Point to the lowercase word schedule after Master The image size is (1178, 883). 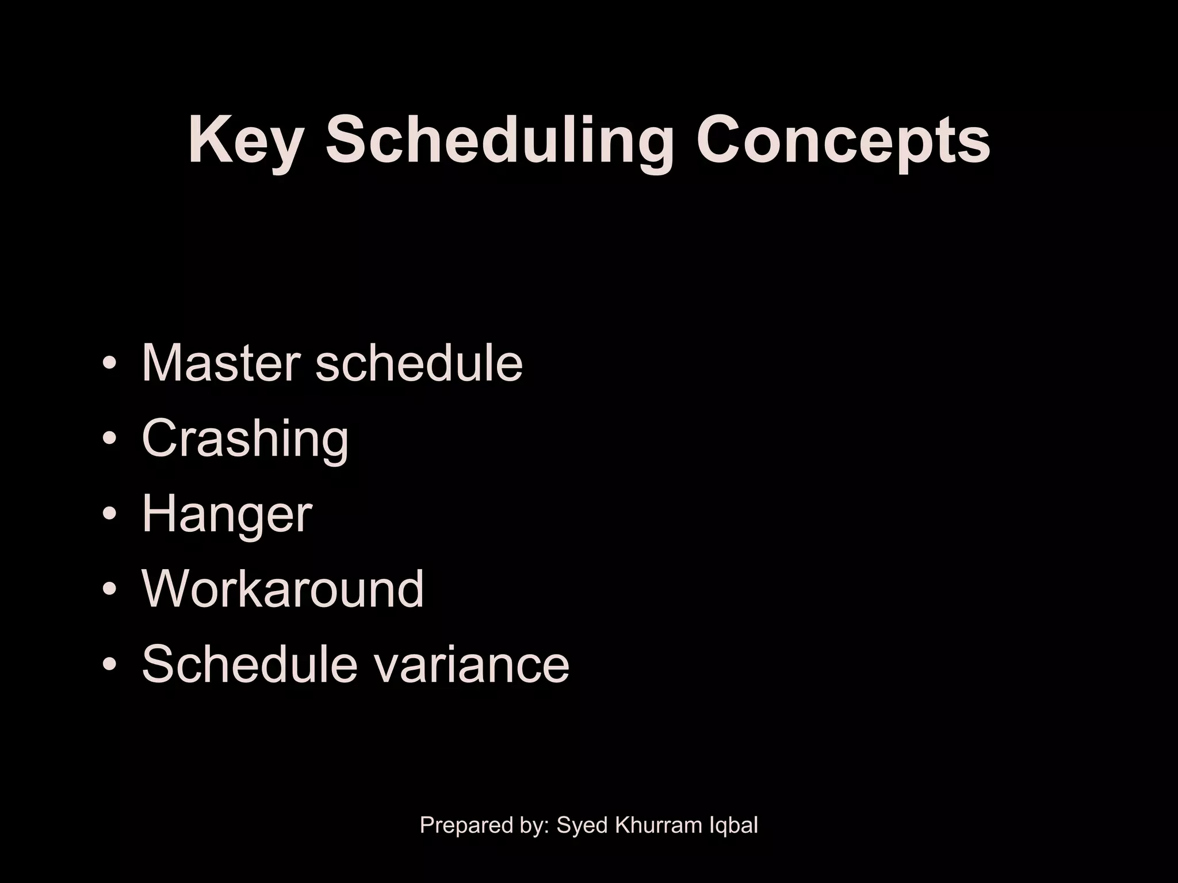coord(419,362)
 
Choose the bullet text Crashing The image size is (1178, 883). coord(245,438)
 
